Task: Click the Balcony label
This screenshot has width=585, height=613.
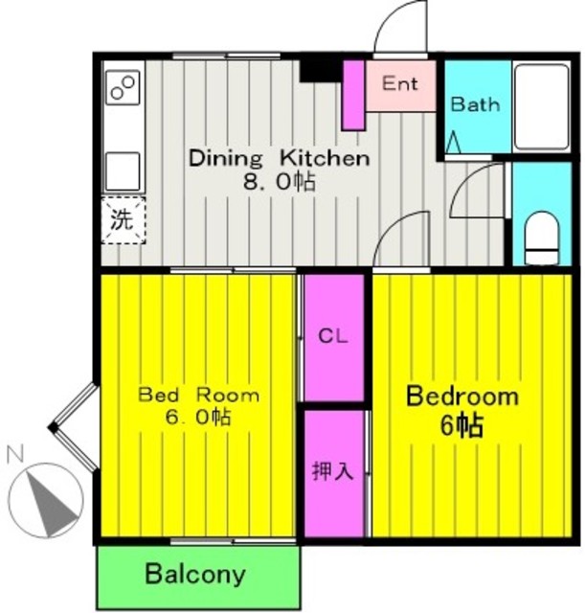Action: tap(195, 574)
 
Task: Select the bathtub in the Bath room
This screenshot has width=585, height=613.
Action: tap(542, 106)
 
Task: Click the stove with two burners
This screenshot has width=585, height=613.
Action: tap(123, 87)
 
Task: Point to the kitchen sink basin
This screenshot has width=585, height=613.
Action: tap(123, 171)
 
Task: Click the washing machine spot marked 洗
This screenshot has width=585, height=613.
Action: tap(124, 221)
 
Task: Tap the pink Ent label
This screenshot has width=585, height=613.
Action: tap(400, 83)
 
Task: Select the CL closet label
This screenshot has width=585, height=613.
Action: tap(333, 336)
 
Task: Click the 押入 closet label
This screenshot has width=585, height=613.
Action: tap(332, 470)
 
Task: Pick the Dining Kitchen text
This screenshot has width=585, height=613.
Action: tap(279, 159)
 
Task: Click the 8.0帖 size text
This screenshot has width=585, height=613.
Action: tap(279, 181)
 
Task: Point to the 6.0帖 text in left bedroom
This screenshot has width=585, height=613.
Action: tap(198, 418)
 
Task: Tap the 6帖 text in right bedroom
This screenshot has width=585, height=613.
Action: tap(462, 425)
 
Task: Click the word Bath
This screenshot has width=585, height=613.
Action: tap(475, 104)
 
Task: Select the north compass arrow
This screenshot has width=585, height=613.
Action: tap(50, 503)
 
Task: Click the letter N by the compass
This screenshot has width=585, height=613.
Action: tap(16, 454)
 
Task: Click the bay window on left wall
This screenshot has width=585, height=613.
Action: tap(73, 428)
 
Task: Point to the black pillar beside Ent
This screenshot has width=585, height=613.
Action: tap(321, 71)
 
